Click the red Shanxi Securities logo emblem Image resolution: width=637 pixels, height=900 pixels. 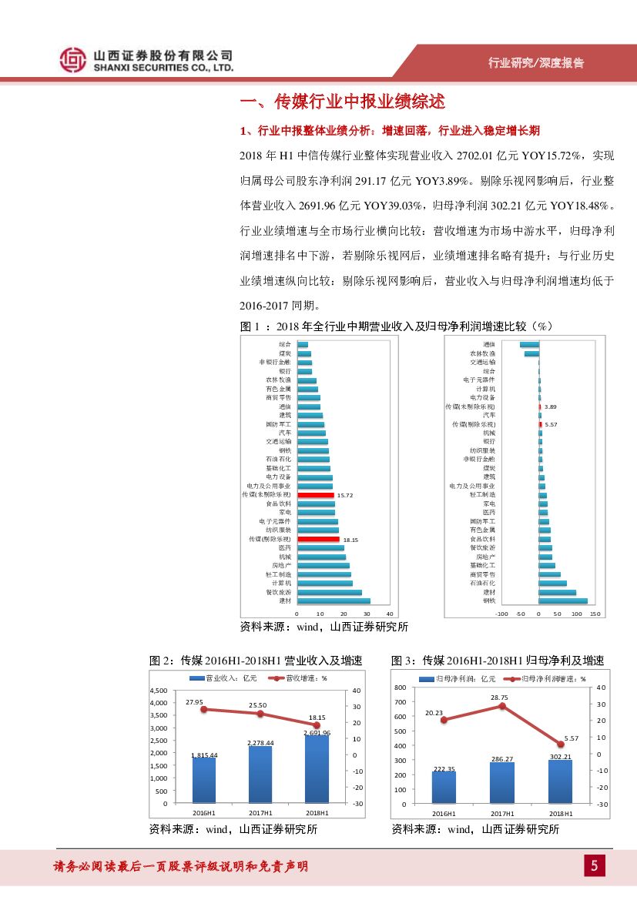click(73, 60)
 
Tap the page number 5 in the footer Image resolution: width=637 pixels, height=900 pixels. click(594, 866)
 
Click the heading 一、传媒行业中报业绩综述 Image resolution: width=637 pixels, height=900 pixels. click(343, 102)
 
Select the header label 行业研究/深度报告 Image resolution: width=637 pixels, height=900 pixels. click(536, 63)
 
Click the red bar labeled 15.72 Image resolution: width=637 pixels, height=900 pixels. click(316, 495)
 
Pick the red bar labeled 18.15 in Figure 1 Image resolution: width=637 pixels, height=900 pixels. click(318, 540)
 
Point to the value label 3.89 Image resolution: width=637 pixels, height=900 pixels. click(550, 406)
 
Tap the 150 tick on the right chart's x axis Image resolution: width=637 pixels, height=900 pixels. click(594, 614)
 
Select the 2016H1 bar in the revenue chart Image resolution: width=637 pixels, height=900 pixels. click(204, 780)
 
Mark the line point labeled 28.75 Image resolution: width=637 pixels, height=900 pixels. click(502, 705)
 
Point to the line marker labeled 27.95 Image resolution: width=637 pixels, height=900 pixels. click(204, 709)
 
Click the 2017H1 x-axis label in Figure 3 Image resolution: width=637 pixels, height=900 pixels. click(501, 813)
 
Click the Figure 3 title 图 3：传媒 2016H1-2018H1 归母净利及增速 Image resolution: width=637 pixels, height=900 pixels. click(498, 661)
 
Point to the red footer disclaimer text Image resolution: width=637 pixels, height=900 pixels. click(181, 866)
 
